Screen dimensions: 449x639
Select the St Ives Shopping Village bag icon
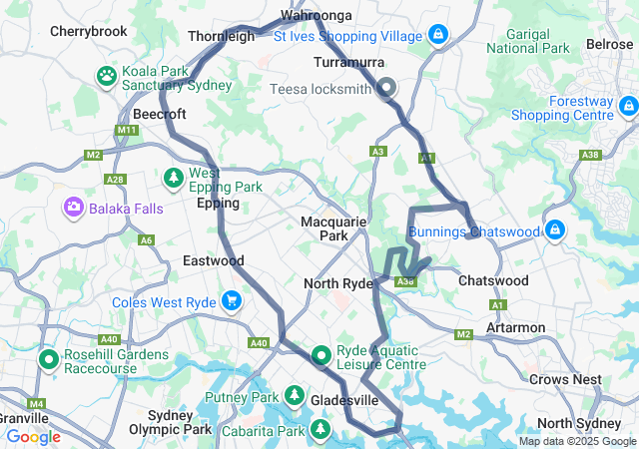click(x=436, y=36)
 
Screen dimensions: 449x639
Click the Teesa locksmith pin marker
click(x=386, y=88)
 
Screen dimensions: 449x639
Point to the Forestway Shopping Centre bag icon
click(x=627, y=106)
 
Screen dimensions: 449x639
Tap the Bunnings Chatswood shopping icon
click(x=555, y=231)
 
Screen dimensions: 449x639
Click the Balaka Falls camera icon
click(x=73, y=208)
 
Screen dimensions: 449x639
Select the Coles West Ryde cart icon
click(x=232, y=300)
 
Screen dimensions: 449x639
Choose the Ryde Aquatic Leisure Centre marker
click(x=321, y=355)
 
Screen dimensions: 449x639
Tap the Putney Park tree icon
click(x=295, y=397)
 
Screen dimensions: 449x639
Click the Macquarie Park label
click(x=333, y=227)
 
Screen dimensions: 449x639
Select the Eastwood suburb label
click(x=213, y=260)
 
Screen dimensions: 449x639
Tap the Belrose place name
click(x=609, y=45)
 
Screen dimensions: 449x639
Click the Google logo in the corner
click(x=33, y=436)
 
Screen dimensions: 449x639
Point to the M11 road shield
click(x=126, y=130)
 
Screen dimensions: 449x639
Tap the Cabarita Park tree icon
click(x=320, y=429)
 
